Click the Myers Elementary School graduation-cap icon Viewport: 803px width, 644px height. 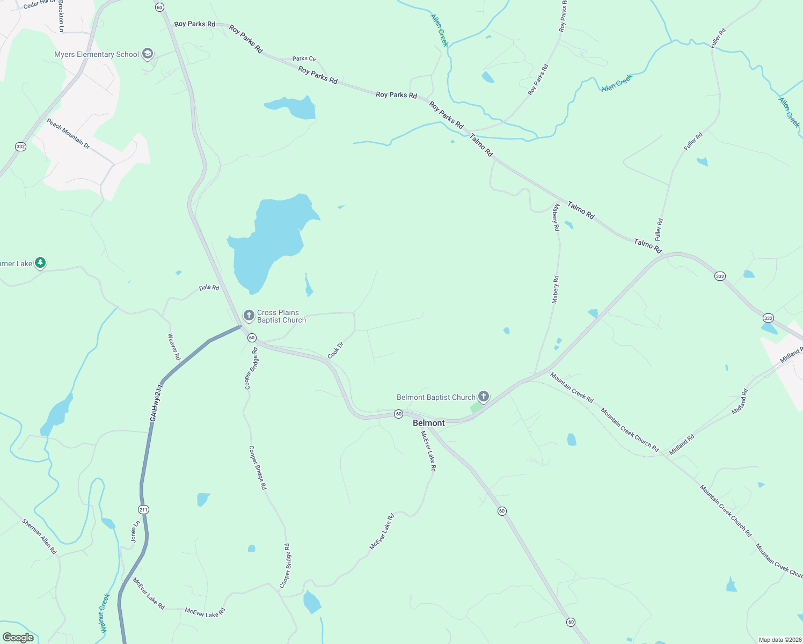click(x=148, y=54)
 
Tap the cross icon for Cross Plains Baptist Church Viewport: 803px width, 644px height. click(x=249, y=316)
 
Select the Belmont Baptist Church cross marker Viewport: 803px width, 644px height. click(x=484, y=397)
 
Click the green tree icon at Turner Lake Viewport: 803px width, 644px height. click(x=40, y=263)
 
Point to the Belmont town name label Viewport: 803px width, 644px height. click(x=428, y=423)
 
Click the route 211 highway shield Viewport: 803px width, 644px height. click(x=143, y=509)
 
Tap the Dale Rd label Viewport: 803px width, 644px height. click(x=209, y=288)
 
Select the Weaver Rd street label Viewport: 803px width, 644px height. click(x=174, y=347)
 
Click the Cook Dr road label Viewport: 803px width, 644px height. click(x=335, y=350)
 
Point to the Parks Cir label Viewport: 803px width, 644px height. click(x=304, y=58)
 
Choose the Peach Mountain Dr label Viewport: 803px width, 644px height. click(x=68, y=133)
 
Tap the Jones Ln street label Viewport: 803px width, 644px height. click(x=135, y=531)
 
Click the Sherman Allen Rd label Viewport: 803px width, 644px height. click(x=39, y=536)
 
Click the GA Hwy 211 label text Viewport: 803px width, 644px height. click(x=156, y=402)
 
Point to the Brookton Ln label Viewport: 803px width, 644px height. click(x=61, y=16)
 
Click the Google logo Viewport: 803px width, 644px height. click(x=18, y=638)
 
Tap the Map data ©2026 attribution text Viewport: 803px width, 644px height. click(x=778, y=640)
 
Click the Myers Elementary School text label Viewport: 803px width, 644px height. click(x=97, y=54)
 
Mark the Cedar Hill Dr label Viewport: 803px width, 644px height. click(x=39, y=5)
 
